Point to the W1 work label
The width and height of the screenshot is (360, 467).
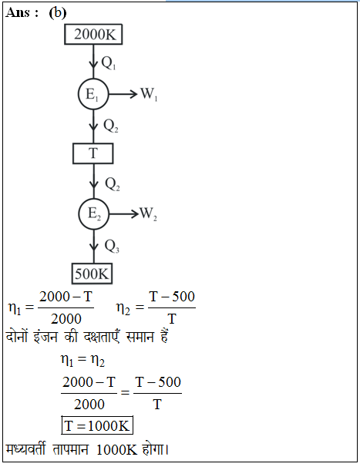(x=149, y=94)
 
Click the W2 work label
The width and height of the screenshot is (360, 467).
(x=149, y=213)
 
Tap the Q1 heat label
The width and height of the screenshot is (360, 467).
(x=109, y=63)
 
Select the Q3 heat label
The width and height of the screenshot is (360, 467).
(x=112, y=247)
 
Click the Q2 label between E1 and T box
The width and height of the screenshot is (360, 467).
(x=111, y=126)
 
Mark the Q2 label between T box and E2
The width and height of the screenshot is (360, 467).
(x=113, y=184)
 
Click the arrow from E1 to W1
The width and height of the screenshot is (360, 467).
(x=123, y=94)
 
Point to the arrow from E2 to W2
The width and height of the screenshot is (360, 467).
(x=124, y=213)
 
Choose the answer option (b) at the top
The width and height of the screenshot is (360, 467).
(x=58, y=13)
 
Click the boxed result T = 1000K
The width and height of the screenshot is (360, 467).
(x=97, y=425)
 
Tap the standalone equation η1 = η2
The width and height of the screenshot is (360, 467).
(x=82, y=360)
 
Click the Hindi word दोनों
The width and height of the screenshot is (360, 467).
(x=17, y=336)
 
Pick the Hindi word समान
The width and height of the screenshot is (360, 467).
(x=140, y=337)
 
